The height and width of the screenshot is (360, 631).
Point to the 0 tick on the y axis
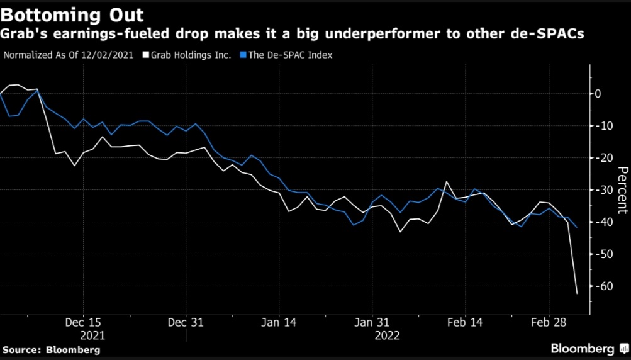pos(598,94)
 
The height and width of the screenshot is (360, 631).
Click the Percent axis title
pos(622,189)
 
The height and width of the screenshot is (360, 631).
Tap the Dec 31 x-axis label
pos(186,322)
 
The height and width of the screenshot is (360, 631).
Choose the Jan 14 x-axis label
pos(279,322)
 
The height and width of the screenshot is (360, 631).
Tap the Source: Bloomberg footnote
pos(52,349)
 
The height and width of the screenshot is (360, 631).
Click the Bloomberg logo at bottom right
pos(588,348)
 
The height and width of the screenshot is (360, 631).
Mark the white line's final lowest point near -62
pos(577,293)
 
